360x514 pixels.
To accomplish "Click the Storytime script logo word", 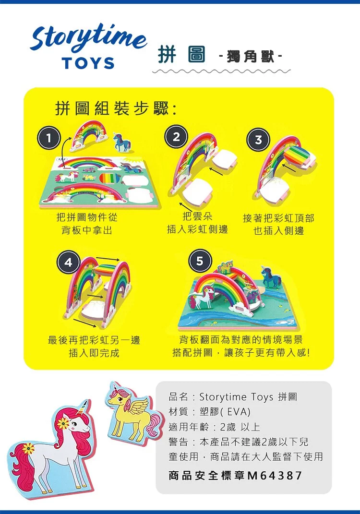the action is coord(88,38).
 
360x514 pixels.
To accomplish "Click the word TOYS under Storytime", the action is coord(88,63).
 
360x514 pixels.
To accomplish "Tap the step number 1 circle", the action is coord(48,138).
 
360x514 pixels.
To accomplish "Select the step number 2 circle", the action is coord(176,137).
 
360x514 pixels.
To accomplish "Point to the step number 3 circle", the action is coord(258,140).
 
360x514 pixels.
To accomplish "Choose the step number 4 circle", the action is coord(68,262).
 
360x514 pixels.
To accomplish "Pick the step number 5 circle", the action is coord(200,261).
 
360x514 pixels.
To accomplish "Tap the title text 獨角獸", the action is coord(251,57).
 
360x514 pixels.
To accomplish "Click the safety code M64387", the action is coord(275,475).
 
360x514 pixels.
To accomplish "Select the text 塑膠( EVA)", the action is coord(225,411).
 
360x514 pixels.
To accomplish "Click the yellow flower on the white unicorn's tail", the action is coord(28,448).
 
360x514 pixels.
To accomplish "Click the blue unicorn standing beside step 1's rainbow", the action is coord(122,142).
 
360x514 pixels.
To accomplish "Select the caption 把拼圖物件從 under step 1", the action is coord(87,217).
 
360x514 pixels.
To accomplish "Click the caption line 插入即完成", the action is coord(94,353).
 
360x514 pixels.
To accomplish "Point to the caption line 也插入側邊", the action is coord(279,231).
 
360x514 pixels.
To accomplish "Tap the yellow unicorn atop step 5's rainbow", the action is coord(225,267).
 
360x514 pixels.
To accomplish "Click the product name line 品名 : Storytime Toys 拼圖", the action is coord(233,396).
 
